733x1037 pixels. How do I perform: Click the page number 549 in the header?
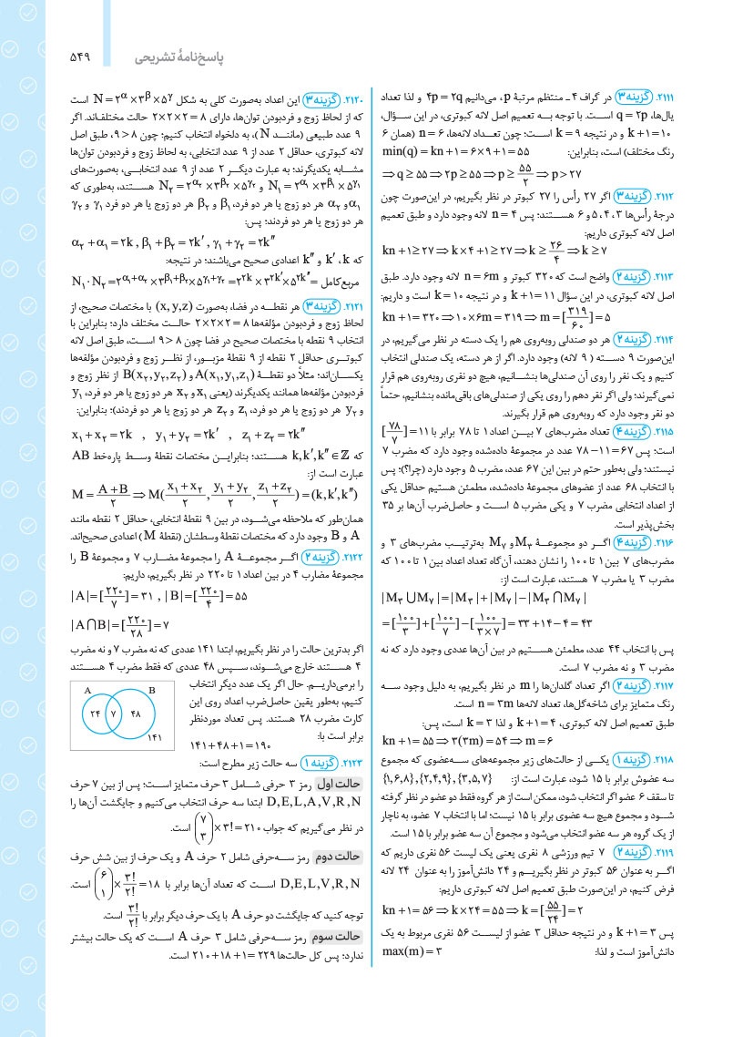[79, 56]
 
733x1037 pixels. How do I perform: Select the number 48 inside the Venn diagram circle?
[137, 713]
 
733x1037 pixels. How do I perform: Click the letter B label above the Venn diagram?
[152, 692]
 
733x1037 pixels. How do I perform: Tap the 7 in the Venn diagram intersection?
[114, 713]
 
